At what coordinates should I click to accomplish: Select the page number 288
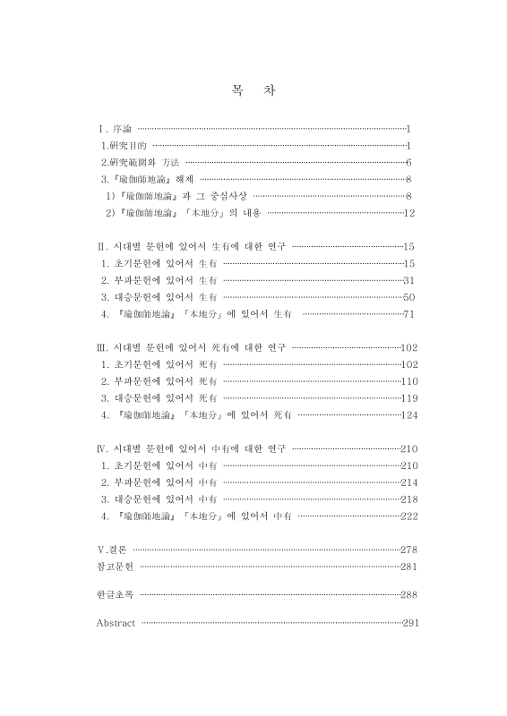click(411, 594)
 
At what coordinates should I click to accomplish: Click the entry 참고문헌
click(115, 566)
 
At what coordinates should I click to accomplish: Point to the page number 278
click(411, 549)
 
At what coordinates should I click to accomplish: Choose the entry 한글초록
click(115, 594)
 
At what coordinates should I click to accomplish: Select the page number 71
click(410, 313)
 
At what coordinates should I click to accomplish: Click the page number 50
click(410, 296)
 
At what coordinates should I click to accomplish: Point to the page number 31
click(410, 279)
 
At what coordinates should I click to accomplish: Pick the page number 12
click(410, 212)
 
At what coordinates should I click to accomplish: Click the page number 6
click(408, 162)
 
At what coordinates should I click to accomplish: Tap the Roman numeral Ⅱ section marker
click(101, 245)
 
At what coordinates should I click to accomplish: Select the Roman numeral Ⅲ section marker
click(101, 346)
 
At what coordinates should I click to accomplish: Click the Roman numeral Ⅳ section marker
click(101, 447)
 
